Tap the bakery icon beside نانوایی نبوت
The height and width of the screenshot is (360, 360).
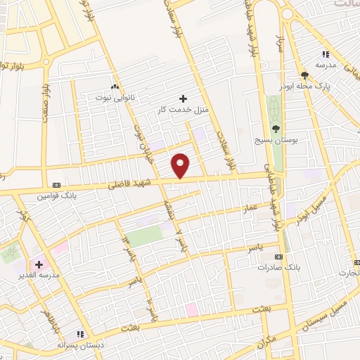[114, 85]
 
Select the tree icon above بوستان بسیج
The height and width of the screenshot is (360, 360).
[276, 129]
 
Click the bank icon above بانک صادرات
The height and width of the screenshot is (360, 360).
[278, 257]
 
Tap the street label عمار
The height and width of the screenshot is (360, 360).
[250, 209]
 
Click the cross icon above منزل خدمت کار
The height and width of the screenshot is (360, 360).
[184, 98]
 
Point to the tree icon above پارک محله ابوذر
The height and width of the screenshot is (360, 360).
[304, 75]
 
